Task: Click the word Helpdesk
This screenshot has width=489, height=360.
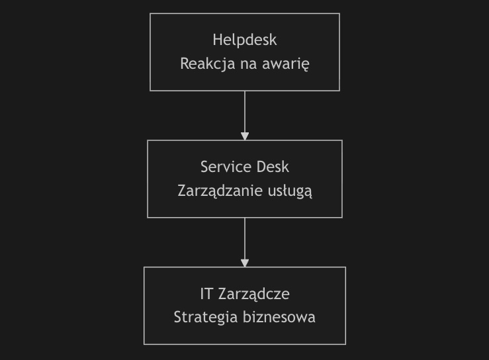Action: [x=245, y=40]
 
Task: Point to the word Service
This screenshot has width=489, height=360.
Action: [x=222, y=167]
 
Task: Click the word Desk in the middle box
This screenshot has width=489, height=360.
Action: [x=273, y=167]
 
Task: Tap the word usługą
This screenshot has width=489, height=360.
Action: [x=290, y=191]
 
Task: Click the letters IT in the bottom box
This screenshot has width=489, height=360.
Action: [x=206, y=294]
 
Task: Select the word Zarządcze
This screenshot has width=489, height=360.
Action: [x=254, y=294]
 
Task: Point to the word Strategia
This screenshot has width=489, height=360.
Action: [x=206, y=318]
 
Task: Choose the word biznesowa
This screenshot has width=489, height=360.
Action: [x=279, y=317]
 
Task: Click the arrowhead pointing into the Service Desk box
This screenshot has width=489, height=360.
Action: [x=245, y=136]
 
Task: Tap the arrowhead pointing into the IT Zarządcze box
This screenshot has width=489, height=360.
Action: [x=245, y=263]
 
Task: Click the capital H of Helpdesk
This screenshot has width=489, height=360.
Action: [x=217, y=40]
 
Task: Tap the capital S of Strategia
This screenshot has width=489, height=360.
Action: [x=178, y=317]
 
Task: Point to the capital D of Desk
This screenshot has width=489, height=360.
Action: [x=261, y=167]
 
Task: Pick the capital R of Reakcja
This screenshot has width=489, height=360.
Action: [x=185, y=64]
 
